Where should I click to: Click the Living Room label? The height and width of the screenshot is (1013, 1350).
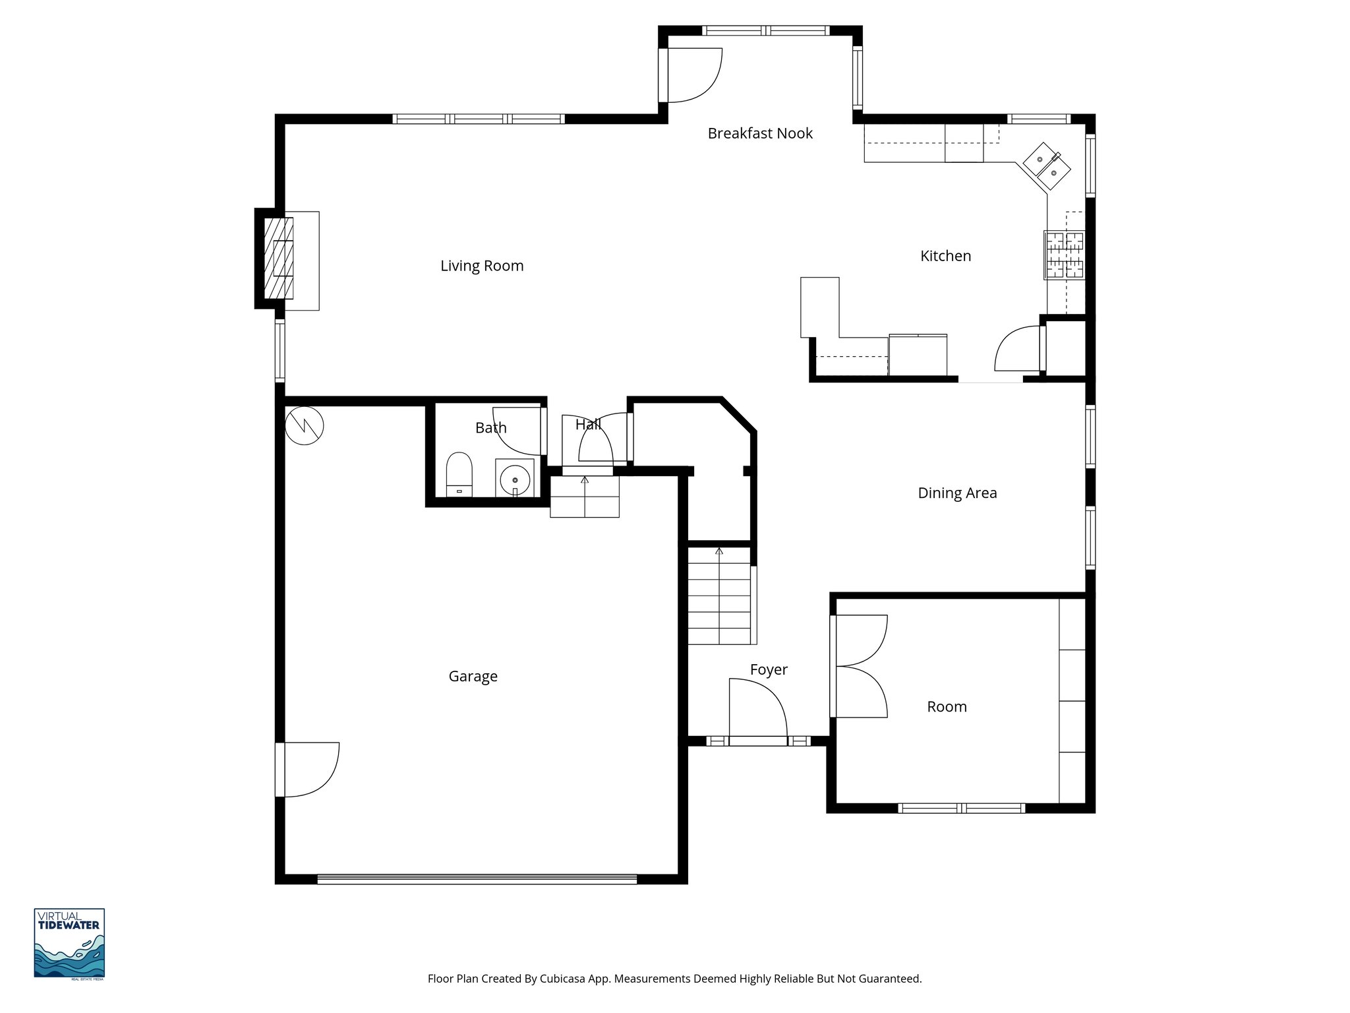tap(482, 266)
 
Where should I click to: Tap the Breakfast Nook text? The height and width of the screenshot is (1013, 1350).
tap(760, 133)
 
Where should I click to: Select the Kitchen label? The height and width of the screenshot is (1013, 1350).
tap(945, 256)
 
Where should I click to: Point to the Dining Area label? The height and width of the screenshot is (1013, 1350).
tap(957, 493)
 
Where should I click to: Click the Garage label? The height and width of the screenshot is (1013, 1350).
tap(473, 676)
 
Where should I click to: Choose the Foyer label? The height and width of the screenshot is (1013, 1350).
tap(769, 669)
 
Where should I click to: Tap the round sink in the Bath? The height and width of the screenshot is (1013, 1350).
tap(514, 479)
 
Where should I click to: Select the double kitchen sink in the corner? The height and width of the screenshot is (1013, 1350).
tap(1047, 167)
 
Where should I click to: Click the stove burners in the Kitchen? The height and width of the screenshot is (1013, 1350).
tap(1063, 255)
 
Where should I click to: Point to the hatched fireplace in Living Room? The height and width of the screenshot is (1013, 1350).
tap(279, 258)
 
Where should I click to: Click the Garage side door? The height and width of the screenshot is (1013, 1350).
tap(308, 769)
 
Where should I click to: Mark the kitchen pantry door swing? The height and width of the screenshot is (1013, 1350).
tap(1017, 349)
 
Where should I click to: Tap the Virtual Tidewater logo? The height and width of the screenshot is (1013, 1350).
tap(69, 943)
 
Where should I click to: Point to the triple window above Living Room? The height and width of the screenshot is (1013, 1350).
tap(479, 119)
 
